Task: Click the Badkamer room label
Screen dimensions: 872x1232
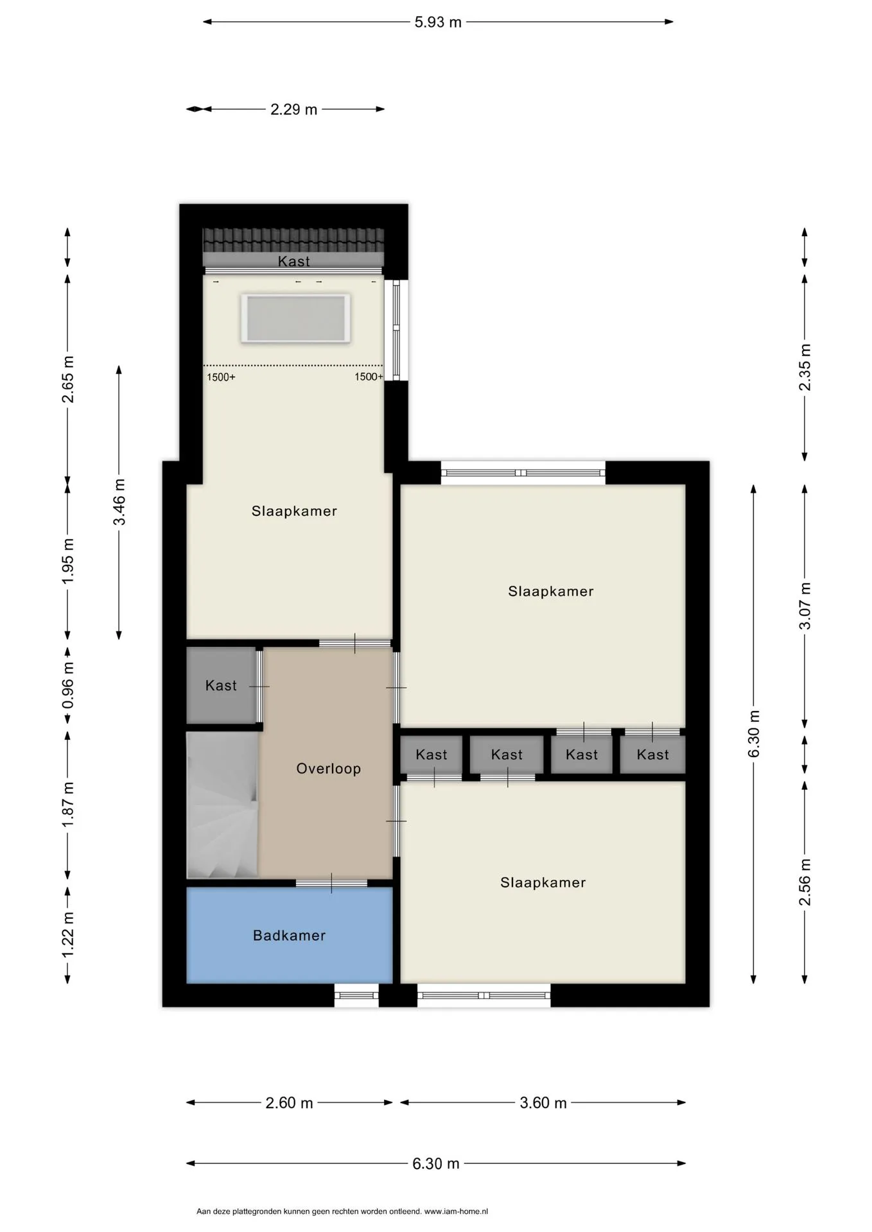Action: coord(289,936)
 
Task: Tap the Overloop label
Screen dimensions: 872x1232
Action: coord(328,769)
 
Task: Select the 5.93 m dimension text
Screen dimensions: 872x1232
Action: coord(438,22)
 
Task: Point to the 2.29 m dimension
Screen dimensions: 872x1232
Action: coord(293,110)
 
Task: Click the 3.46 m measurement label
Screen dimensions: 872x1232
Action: coord(119,502)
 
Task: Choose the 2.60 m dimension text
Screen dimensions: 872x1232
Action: coord(289,1103)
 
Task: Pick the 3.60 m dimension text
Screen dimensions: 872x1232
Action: coord(543,1103)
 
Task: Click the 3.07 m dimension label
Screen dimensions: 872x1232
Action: coord(805,606)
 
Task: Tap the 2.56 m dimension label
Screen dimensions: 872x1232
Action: coord(805,882)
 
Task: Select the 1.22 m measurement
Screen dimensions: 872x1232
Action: coord(68,935)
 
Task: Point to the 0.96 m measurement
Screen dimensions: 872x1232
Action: coord(68,685)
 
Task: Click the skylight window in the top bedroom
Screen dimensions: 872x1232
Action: coord(295,318)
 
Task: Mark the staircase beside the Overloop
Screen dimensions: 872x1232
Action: coord(222,805)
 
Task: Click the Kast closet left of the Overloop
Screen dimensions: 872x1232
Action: coord(222,685)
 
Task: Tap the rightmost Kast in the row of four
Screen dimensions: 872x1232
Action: coord(652,755)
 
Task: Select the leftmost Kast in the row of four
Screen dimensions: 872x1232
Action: coord(431,755)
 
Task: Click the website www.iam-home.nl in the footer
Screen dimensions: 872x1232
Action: coord(456,1211)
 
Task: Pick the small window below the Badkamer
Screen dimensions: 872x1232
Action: coord(356,995)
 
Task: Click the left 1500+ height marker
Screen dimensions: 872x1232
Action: coord(221,377)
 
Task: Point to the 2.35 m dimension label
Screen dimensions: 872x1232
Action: coord(805,367)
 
